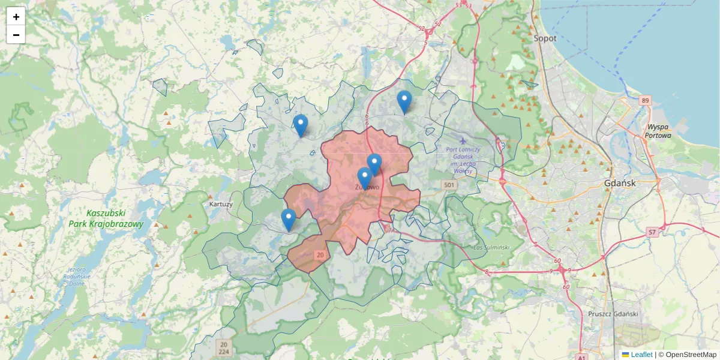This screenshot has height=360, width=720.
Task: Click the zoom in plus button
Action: pos(16,17)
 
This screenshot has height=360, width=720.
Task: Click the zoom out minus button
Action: pos(16,35)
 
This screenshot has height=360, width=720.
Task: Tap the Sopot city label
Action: pos(545,38)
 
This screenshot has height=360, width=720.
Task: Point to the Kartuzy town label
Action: pos(221,204)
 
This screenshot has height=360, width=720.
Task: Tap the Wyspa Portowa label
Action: pos(658,131)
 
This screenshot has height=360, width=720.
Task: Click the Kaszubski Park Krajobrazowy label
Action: pos(115,219)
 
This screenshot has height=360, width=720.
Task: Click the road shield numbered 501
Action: pos(449,185)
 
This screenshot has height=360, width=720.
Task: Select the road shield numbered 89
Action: pos(645,100)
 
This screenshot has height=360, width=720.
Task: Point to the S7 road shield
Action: pos(652,232)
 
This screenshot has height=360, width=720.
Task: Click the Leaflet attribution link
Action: pos(641,355)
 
